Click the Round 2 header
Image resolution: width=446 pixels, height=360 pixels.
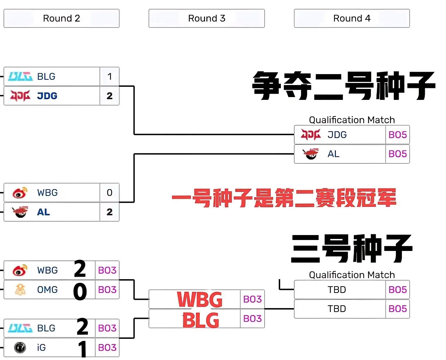pos(61,18)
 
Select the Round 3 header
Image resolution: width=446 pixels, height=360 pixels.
pos(206,18)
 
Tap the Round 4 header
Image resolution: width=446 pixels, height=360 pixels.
pos(352,18)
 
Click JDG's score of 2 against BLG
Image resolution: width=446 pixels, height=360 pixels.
pos(109,96)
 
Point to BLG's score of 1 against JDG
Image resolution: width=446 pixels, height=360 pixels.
pos(109,76)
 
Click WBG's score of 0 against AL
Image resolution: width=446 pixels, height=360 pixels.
pos(109,193)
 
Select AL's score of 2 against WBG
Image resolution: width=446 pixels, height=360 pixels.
pos(109,212)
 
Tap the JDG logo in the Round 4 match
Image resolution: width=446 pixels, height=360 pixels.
pos(311,134)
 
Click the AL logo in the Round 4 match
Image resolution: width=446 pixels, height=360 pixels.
pos(311,154)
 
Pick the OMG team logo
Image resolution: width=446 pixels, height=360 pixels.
pos(20,289)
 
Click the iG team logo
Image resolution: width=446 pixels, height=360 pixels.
pos(20,348)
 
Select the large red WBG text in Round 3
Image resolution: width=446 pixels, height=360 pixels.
pos(200,300)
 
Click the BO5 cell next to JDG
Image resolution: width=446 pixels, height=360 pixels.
pos(397,134)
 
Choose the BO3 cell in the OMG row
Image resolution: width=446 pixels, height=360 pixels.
pos(107,289)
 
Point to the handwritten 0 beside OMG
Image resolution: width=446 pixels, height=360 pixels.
pos(80,292)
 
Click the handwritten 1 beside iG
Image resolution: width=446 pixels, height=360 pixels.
pos(83,349)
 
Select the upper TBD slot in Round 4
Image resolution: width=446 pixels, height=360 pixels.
pos(337,290)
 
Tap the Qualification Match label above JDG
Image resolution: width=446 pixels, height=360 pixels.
pos(352,120)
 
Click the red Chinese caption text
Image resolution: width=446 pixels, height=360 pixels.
pos(284,198)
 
